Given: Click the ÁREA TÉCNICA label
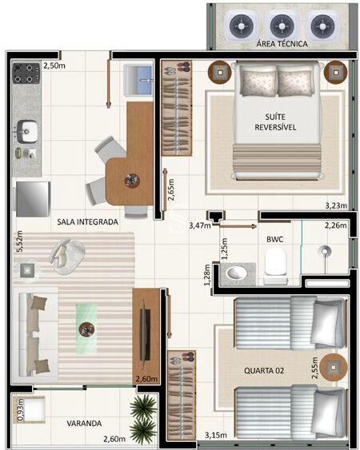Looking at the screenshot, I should point(282,45).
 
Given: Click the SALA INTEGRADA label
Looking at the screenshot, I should point(88,221).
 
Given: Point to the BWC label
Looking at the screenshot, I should point(274,238).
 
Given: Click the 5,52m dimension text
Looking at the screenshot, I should point(20,240).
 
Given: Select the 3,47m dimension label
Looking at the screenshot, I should point(199,226).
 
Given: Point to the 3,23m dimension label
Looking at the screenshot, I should point(336,206).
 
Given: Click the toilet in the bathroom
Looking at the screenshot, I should point(275,265).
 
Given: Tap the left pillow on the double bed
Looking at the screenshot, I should point(258,80).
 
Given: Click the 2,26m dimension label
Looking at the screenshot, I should point(336,226).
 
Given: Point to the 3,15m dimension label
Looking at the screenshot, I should point(217,436).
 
